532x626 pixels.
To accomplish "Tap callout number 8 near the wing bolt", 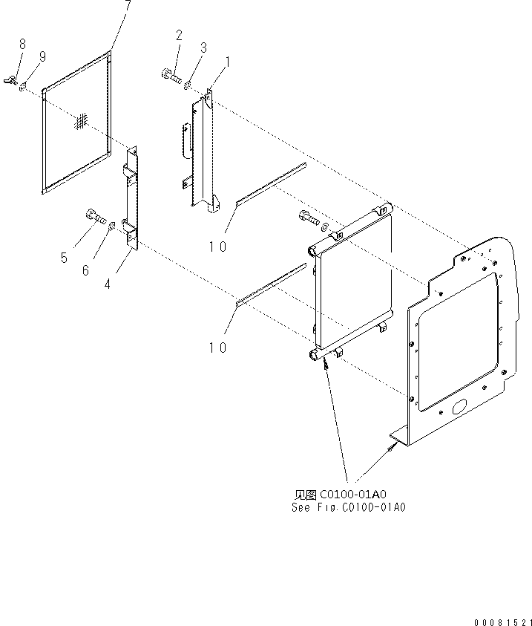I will pyautogui.click(x=22, y=45).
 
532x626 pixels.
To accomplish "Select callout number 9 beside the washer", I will pyautogui.click(x=42, y=57).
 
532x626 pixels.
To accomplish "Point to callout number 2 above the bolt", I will pyautogui.click(x=179, y=35).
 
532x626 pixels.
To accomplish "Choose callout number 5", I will pyautogui.click(x=64, y=258).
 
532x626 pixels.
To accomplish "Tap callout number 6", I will pyautogui.click(x=85, y=271).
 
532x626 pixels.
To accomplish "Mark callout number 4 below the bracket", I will pyautogui.click(x=108, y=284).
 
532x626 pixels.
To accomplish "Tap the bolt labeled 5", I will pyautogui.click(x=93, y=216).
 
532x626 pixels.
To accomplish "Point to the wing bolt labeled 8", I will pyautogui.click(x=13, y=77).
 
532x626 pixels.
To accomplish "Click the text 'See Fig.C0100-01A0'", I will pyautogui.click(x=349, y=507).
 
